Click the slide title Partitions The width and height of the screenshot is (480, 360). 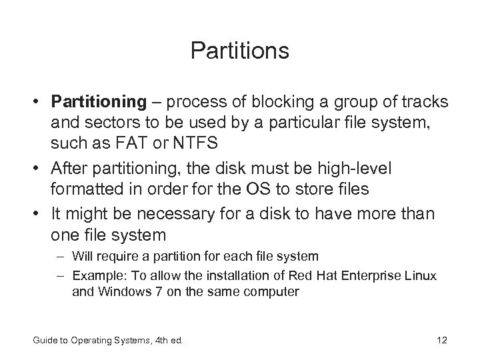(x=239, y=51)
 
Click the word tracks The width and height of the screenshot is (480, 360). (x=425, y=102)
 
